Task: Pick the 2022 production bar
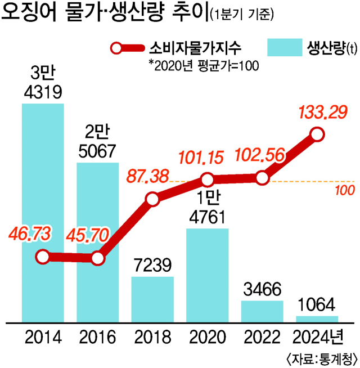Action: click(262, 311)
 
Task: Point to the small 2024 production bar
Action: click(317, 319)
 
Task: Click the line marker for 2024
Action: click(317, 135)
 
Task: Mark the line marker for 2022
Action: click(262, 178)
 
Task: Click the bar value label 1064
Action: click(317, 306)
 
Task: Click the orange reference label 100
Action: click(344, 190)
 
